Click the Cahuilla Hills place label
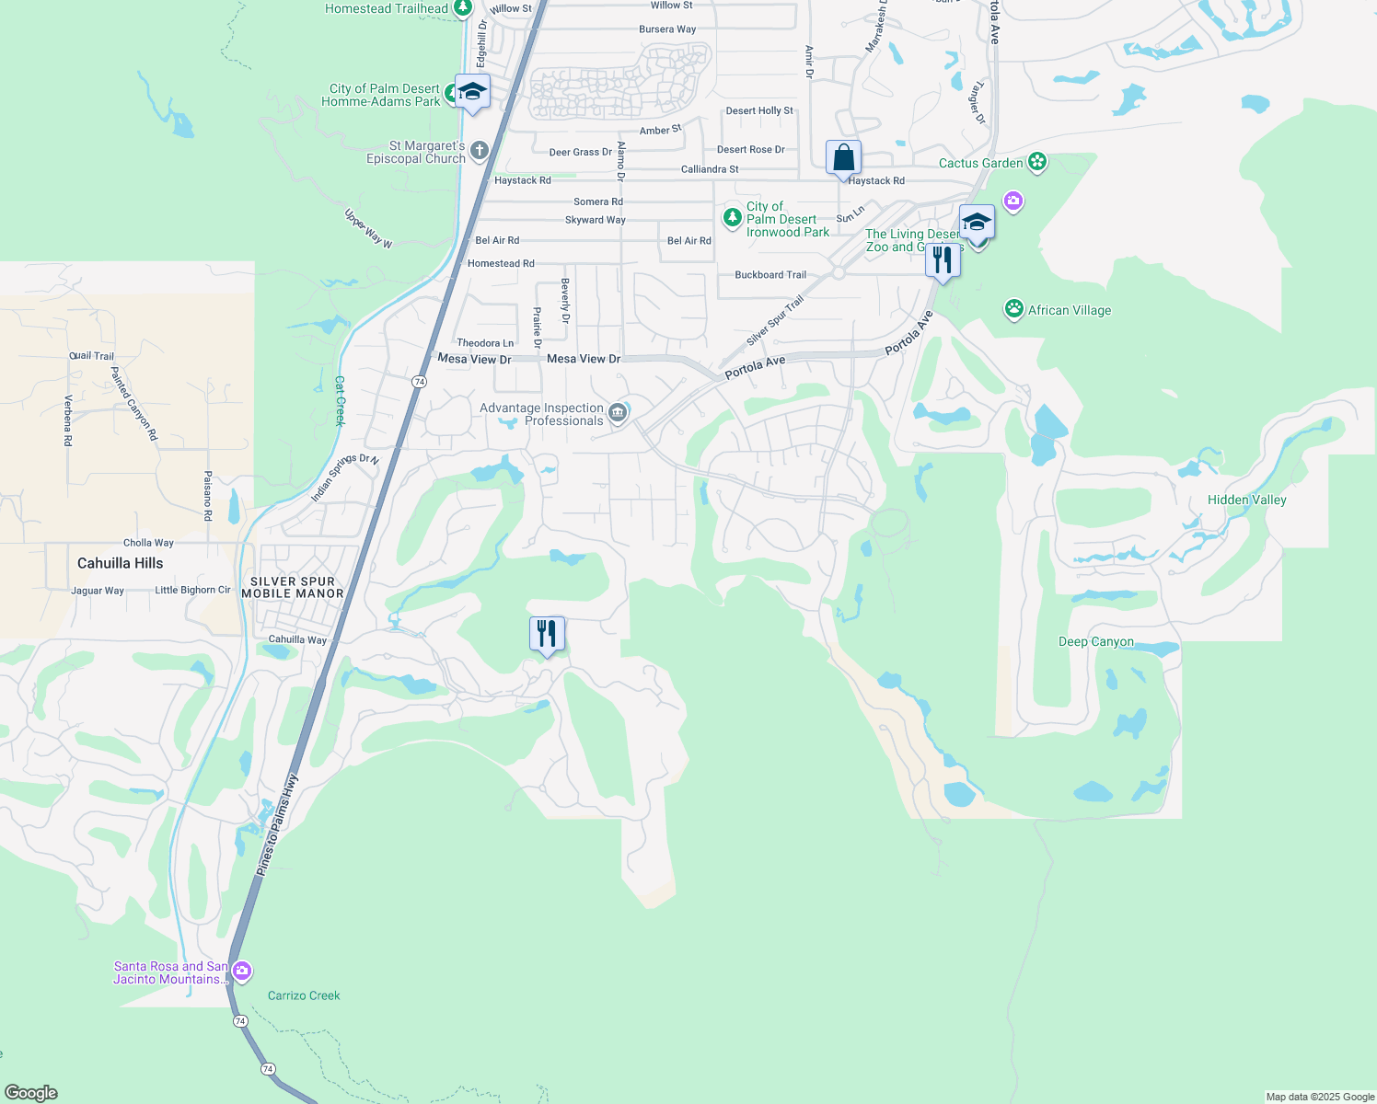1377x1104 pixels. pyautogui.click(x=120, y=563)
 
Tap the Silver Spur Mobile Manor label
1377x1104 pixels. pyautogui.click(x=293, y=587)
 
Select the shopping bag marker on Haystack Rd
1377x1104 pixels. pyautogui.click(x=843, y=159)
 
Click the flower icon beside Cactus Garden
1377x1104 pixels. pyautogui.click(x=1037, y=163)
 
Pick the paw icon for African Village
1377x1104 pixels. pyautogui.click(x=1014, y=309)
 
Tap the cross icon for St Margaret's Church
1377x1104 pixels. pyautogui.click(x=479, y=151)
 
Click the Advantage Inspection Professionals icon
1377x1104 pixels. pyautogui.click(x=619, y=413)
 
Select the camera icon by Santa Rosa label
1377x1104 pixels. pyautogui.click(x=242, y=971)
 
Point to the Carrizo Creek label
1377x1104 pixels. pyautogui.click(x=304, y=995)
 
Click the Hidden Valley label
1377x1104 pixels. pyautogui.click(x=1246, y=500)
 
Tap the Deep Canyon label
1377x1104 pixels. pyautogui.click(x=1095, y=641)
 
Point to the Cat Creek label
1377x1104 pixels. pyautogui.click(x=339, y=401)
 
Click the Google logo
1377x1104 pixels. pyautogui.click(x=31, y=1092)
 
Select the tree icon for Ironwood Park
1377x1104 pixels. pyautogui.click(x=732, y=218)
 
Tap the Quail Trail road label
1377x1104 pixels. pyautogui.click(x=92, y=356)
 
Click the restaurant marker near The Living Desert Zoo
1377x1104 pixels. pyautogui.click(x=943, y=261)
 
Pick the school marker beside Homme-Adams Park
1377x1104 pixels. pyautogui.click(x=472, y=92)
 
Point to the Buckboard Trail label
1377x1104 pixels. pyautogui.click(x=770, y=275)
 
